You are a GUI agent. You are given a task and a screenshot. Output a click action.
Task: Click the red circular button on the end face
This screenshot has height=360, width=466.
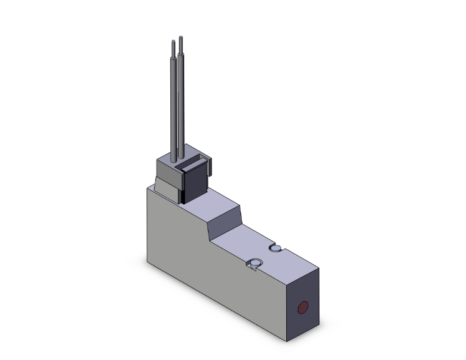303,308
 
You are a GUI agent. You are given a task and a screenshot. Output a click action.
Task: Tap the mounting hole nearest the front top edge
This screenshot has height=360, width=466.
255,264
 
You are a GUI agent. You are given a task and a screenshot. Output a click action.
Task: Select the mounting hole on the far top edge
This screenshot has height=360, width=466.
276,249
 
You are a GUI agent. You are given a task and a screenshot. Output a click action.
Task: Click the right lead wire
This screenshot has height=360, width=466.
181,100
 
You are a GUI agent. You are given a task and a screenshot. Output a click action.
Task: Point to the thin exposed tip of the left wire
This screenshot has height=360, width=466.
173,48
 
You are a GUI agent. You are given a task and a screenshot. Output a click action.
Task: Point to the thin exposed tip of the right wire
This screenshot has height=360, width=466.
180,43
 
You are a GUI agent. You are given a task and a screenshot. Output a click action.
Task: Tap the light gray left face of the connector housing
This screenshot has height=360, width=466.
166,169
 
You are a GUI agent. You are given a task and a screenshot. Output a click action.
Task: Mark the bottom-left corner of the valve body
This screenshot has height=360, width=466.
147,259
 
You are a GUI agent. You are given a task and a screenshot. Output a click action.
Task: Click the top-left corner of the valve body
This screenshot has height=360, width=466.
148,188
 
